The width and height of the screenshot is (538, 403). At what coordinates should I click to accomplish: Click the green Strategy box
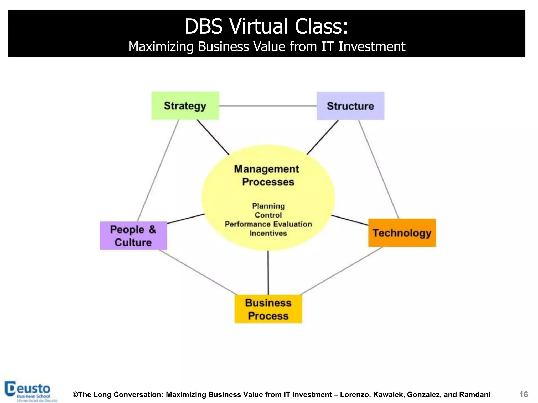[185, 106]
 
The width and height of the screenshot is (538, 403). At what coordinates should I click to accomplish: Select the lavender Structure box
[350, 106]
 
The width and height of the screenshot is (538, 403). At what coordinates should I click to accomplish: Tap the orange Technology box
[402, 233]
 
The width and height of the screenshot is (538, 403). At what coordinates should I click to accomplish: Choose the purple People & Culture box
[133, 236]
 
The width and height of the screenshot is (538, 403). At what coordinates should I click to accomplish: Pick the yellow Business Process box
[268, 309]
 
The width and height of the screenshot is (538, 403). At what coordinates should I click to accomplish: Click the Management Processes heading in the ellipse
[267, 175]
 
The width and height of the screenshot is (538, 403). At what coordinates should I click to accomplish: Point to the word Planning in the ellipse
[268, 206]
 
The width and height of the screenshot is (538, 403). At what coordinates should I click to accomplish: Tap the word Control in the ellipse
[268, 215]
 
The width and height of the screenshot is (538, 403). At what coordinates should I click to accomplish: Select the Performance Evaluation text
[268, 224]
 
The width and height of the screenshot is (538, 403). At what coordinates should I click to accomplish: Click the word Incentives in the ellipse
[268, 233]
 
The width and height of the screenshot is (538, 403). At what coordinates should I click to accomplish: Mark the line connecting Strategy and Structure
[268, 106]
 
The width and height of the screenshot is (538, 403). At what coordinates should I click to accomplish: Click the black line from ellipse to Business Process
[268, 273]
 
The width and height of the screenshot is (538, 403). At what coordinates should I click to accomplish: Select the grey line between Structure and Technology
[379, 169]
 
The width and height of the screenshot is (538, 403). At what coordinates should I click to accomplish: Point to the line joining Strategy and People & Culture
[158, 171]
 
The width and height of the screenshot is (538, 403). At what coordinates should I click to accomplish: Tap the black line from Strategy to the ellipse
[213, 137]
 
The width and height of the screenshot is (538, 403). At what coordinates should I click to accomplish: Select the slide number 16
[524, 395]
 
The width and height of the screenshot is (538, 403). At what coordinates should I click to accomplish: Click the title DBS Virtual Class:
[267, 26]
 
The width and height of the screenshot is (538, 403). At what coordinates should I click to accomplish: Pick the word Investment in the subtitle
[372, 47]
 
